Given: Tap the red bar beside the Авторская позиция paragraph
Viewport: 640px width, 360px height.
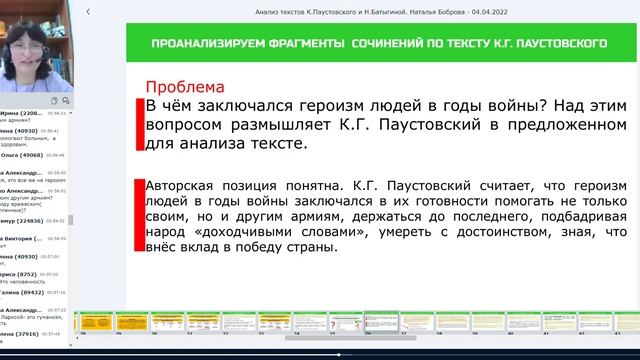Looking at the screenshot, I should coord(138,216).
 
